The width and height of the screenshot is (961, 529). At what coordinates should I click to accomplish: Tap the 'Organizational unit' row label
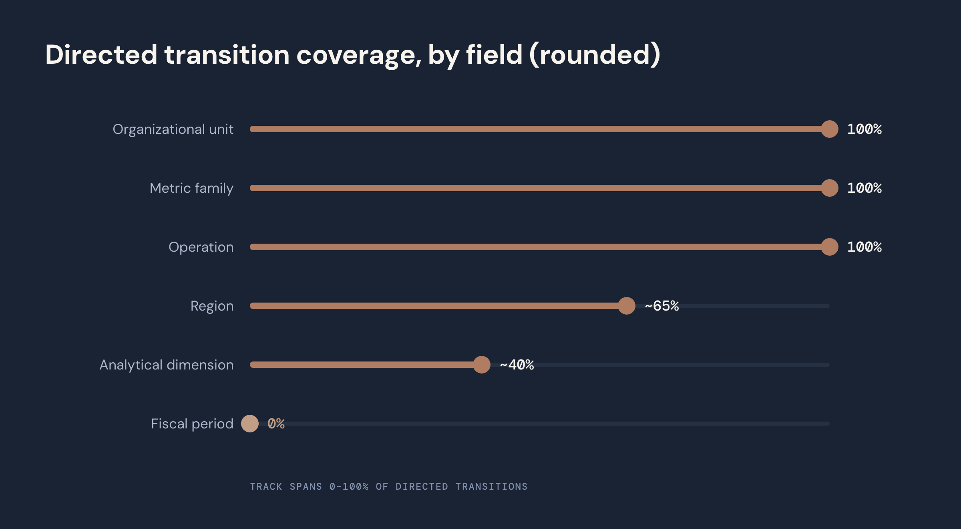[x=173, y=129]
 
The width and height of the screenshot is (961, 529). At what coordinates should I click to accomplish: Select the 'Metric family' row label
[x=191, y=188]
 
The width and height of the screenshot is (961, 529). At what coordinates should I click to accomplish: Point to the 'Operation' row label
[x=201, y=247]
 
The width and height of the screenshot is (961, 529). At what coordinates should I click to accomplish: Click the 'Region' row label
[x=212, y=306]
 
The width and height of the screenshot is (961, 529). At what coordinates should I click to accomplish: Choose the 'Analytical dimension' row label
[x=167, y=365]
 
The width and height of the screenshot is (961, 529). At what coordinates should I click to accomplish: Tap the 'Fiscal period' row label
[x=192, y=424]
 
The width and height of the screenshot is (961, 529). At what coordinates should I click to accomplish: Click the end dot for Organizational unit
[x=830, y=129]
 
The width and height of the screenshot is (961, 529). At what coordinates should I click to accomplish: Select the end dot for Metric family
[x=830, y=188]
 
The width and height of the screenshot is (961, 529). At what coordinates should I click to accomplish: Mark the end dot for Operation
[x=830, y=247]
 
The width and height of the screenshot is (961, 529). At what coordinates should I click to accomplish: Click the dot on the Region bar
[x=627, y=306]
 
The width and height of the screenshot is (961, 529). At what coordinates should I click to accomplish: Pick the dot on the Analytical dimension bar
[x=482, y=365]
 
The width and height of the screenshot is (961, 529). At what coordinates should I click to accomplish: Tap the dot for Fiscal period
[x=250, y=424]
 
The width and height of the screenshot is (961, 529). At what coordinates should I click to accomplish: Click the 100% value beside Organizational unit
[x=864, y=129]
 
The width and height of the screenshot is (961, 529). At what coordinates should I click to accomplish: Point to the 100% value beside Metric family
[x=864, y=188]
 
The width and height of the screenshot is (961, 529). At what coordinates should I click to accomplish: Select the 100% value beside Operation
[x=864, y=247]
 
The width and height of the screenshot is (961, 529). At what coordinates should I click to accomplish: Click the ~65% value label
[x=661, y=306]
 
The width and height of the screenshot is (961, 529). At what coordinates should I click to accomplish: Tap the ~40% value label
[x=517, y=365]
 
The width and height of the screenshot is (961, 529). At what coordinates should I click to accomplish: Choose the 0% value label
[x=276, y=424]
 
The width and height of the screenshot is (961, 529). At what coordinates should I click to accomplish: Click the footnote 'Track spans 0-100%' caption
[x=389, y=487]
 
